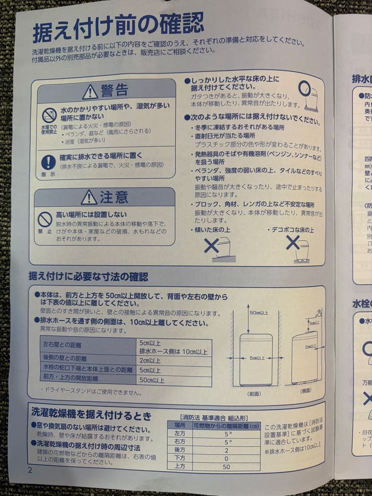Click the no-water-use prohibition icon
49,115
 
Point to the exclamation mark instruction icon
48,162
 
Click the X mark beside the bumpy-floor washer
293,242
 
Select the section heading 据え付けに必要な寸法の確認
88,276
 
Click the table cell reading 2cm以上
150,360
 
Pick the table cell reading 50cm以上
152,380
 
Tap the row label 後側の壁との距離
65,359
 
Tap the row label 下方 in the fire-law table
180,458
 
